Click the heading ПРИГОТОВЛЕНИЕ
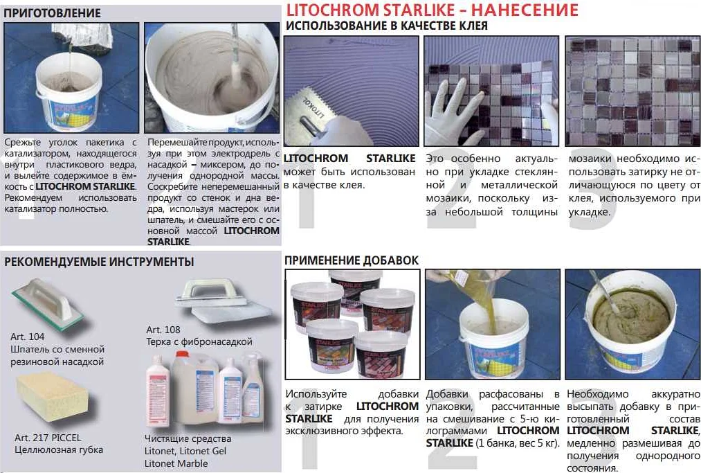pos(53,13)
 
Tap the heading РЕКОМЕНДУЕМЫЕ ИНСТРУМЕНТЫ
pos(99,262)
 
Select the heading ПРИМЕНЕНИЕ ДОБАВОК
pos(352,260)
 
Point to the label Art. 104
pos(27,337)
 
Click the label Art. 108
pos(163,330)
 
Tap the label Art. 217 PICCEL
pos(48,438)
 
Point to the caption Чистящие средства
pos(188,438)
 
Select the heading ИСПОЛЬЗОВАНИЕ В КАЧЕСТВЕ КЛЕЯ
pos(386,26)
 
